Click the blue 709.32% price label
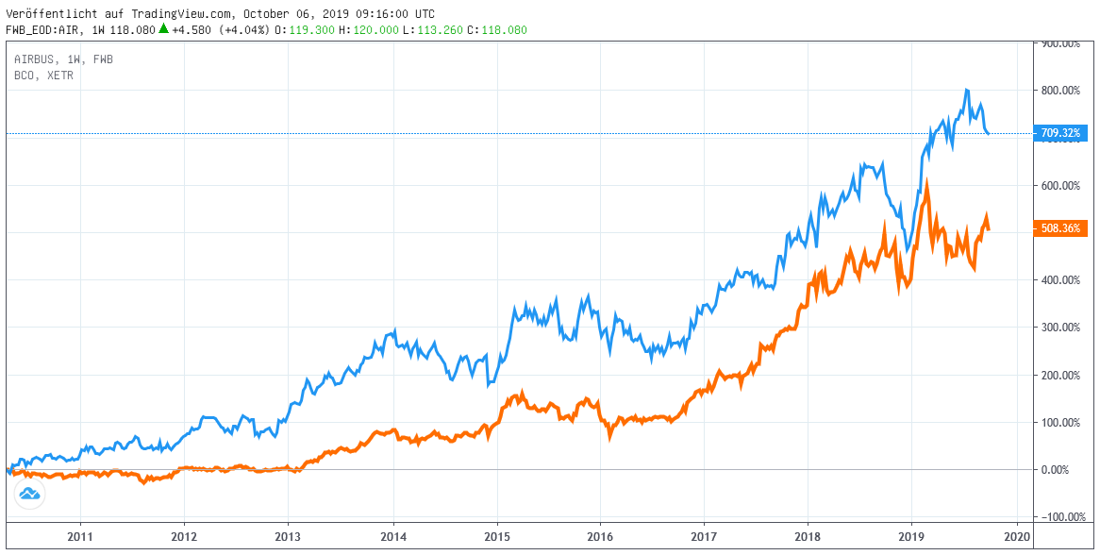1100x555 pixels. pos(1061,133)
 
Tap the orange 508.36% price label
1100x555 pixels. pos(1061,227)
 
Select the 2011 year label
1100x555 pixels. pos(80,536)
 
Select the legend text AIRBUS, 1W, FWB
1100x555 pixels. pos(63,59)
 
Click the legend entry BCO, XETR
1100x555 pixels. pos(43,75)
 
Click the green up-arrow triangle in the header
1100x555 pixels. pos(163,29)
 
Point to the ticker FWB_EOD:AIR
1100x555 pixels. pos(44,30)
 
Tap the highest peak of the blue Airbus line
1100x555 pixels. pos(966,91)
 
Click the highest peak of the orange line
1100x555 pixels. pos(927,179)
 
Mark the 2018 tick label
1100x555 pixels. pos(808,536)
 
